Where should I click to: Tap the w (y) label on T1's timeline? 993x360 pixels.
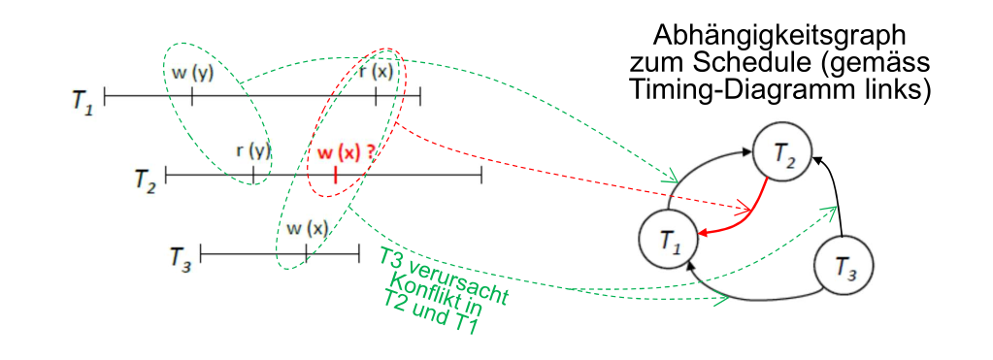192,73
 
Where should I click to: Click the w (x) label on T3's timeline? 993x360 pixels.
307,229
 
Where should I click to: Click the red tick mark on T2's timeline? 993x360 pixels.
335,175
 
